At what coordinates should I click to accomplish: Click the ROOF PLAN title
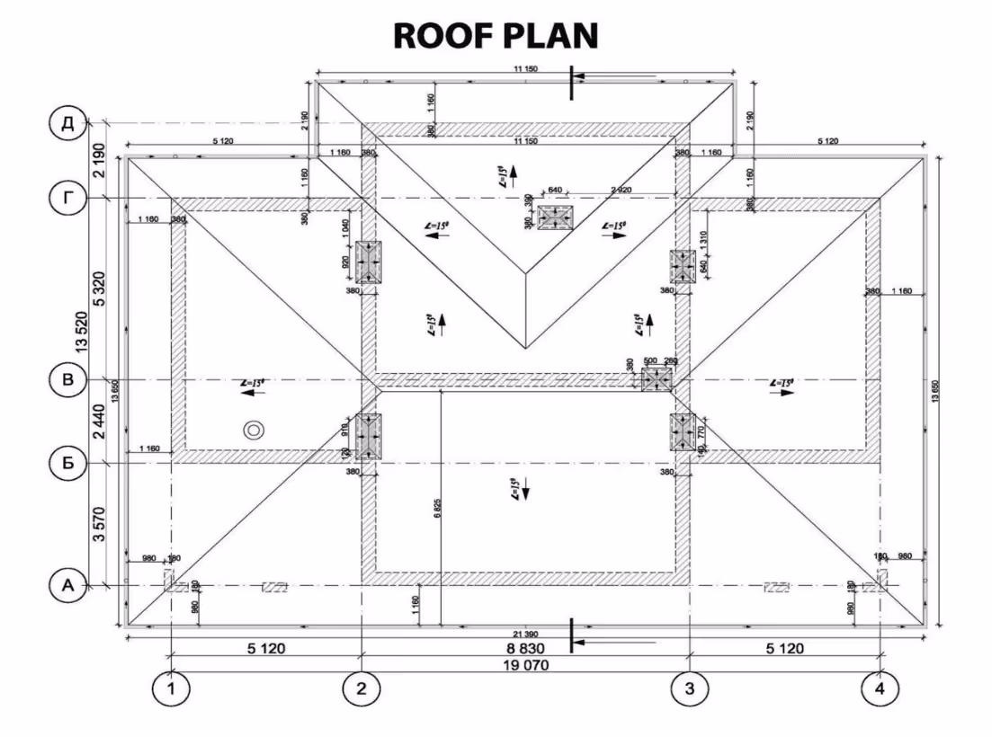pos(496,35)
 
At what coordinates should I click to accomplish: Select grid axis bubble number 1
pos(170,689)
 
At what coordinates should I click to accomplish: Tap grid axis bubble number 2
pos(361,689)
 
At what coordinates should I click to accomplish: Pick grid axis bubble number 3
pos(689,689)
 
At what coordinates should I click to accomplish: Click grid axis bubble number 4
pos(879,689)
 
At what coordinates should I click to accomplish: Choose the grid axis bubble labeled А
pos(67,585)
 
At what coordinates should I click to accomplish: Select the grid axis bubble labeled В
pos(67,380)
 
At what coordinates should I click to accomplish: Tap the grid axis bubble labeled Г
pos(67,198)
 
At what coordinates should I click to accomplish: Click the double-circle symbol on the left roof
pos(255,431)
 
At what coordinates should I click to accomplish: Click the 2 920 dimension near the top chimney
pos(622,191)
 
